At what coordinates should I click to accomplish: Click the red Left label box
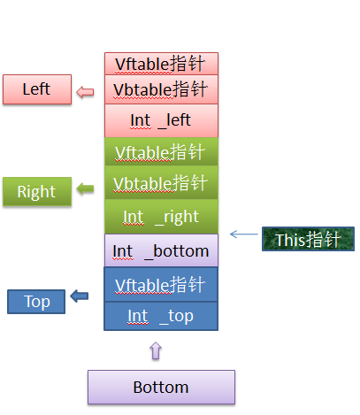click(x=37, y=89)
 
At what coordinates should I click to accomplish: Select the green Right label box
click(x=37, y=191)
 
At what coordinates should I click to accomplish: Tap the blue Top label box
click(x=36, y=302)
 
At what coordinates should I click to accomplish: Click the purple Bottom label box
click(x=161, y=387)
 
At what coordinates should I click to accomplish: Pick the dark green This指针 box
click(x=308, y=239)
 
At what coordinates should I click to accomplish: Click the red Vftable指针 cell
click(x=161, y=64)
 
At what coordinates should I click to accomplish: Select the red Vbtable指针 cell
click(x=161, y=89)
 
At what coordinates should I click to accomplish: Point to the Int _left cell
click(x=161, y=120)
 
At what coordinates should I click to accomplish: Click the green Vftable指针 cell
click(x=161, y=151)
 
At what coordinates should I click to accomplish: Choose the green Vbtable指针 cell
click(x=161, y=182)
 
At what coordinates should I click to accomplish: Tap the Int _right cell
click(x=161, y=217)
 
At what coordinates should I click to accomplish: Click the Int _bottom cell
click(x=161, y=250)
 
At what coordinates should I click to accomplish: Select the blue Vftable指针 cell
click(x=161, y=284)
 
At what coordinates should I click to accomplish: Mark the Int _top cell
click(x=161, y=316)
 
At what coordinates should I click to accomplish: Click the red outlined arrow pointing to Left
click(x=85, y=92)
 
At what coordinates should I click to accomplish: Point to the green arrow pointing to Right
click(x=85, y=188)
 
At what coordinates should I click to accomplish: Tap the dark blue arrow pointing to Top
click(x=80, y=296)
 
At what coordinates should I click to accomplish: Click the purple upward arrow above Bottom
click(x=156, y=350)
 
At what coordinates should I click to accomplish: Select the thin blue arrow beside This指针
click(x=244, y=234)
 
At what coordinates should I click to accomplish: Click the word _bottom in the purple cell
click(x=177, y=251)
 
